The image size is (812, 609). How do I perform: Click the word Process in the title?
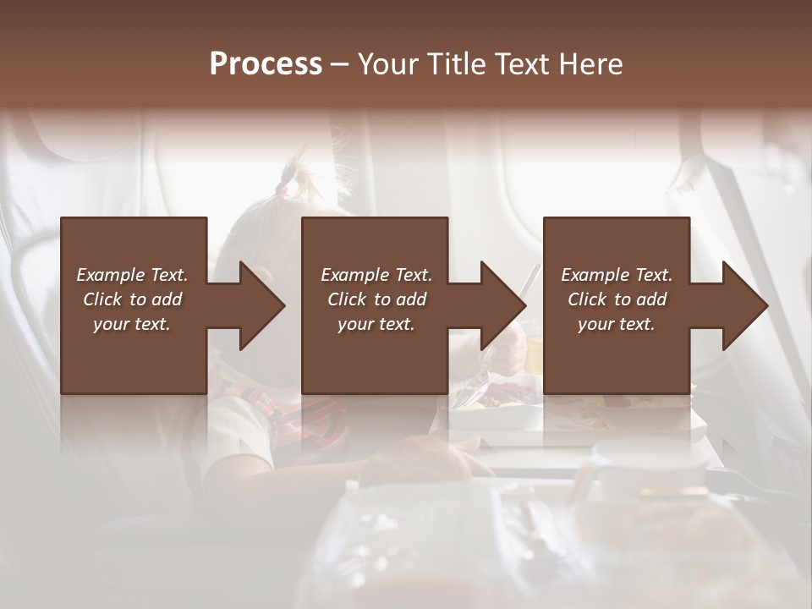pyautogui.click(x=266, y=64)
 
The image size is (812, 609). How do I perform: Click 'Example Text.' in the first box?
pyautogui.click(x=132, y=275)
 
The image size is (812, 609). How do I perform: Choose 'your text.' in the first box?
pyautogui.click(x=132, y=324)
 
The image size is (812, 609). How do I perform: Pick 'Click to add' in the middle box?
pyautogui.click(x=376, y=299)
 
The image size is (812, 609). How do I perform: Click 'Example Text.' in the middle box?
pyautogui.click(x=376, y=275)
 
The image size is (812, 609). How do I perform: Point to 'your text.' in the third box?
pyautogui.click(x=617, y=324)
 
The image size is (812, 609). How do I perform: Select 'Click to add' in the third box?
pyautogui.click(x=617, y=299)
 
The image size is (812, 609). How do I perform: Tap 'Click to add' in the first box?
pyautogui.click(x=132, y=299)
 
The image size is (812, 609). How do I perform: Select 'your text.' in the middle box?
pyautogui.click(x=376, y=324)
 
